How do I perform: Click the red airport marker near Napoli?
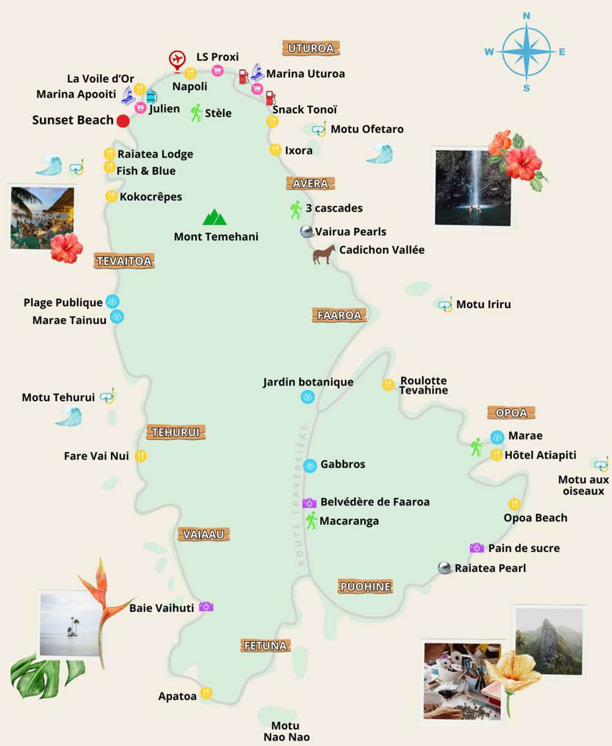177,60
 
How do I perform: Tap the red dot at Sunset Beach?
123,121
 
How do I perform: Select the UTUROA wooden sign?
311,48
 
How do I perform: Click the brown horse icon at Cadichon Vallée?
324,254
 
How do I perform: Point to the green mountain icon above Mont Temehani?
214,217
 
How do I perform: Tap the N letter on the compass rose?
526,16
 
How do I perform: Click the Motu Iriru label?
483,304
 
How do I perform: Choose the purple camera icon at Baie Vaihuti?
206,606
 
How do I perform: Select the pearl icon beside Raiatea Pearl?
445,568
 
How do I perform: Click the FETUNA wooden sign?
265,646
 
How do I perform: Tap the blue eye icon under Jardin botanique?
308,397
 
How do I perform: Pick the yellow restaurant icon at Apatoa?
206,693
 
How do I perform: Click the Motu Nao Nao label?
286,732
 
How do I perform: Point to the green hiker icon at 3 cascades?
296,209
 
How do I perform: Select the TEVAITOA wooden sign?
124,261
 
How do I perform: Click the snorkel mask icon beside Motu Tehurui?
108,396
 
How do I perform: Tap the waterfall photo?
472,187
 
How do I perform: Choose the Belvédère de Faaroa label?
375,502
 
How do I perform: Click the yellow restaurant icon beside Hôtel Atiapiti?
496,454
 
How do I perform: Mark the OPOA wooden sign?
511,413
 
